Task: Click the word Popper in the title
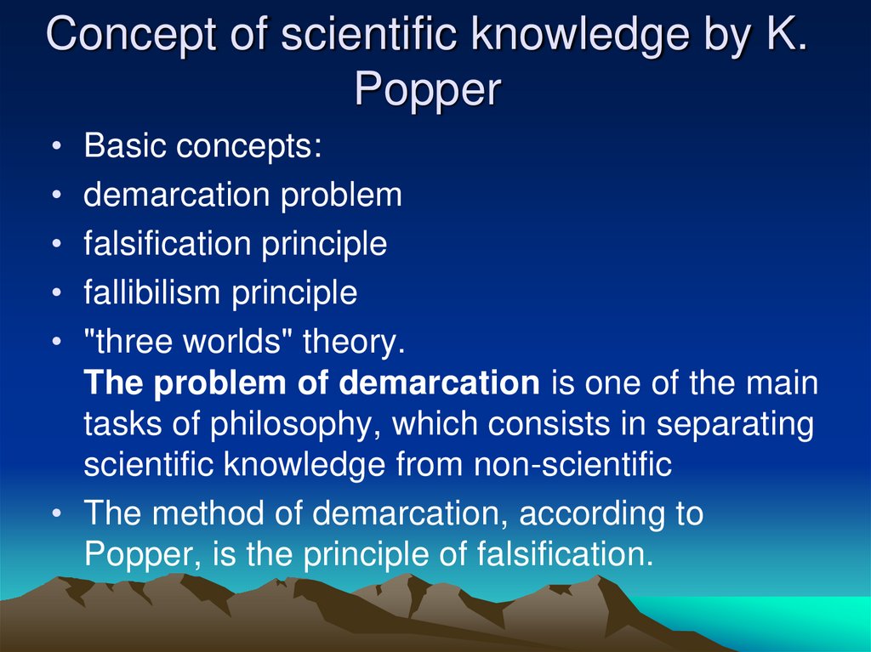(x=426, y=88)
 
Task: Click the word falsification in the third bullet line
(x=166, y=244)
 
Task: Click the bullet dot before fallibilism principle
(x=56, y=294)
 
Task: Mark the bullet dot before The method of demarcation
(x=56, y=515)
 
